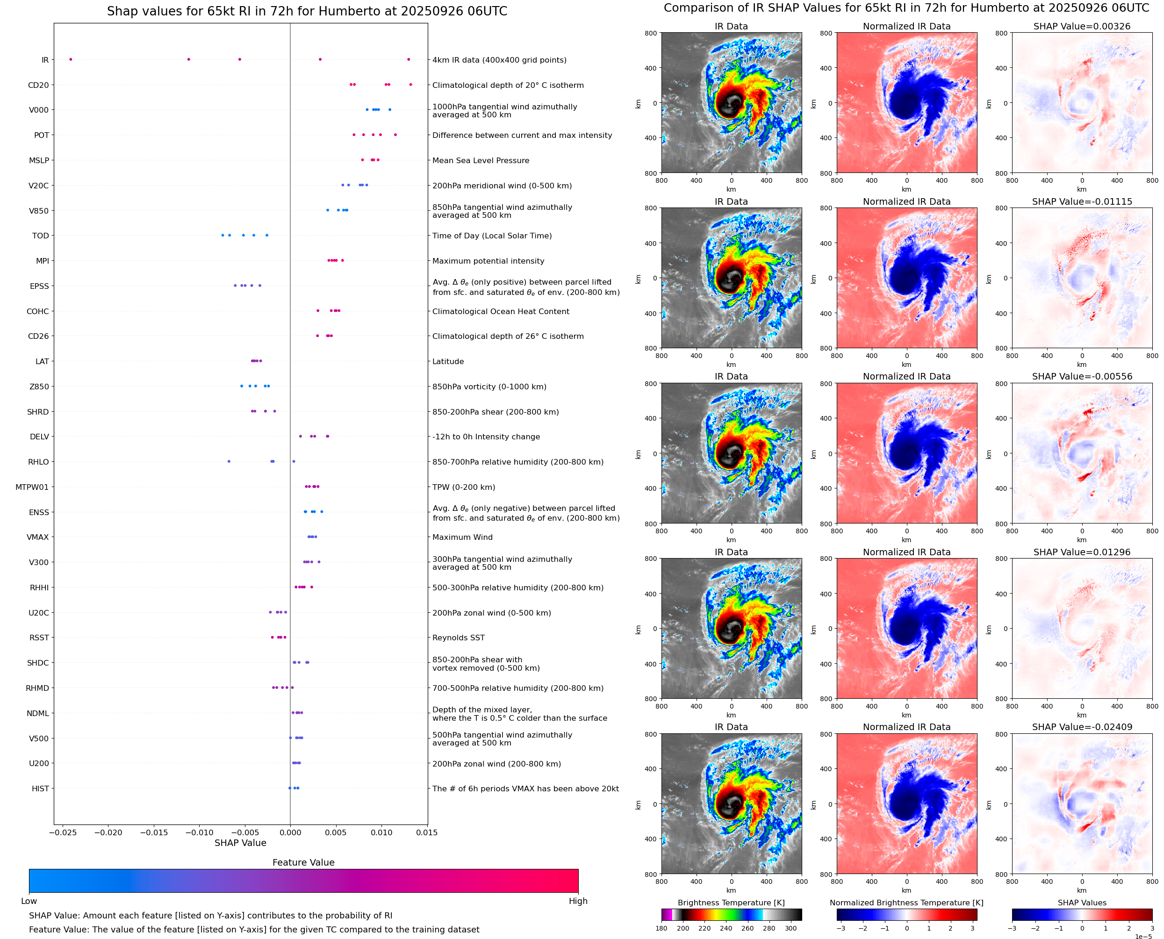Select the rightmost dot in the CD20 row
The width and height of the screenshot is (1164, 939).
click(410, 85)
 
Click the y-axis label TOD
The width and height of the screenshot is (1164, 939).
click(41, 236)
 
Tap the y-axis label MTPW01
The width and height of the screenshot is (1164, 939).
click(32, 487)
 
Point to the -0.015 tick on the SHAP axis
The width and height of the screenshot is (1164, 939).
click(154, 832)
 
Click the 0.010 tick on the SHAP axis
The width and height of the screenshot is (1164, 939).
click(381, 832)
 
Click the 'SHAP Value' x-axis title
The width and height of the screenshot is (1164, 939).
click(240, 843)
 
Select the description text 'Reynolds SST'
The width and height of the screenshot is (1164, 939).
click(458, 638)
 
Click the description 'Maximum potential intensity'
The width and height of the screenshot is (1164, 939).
click(488, 261)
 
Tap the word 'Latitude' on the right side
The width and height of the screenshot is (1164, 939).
click(448, 361)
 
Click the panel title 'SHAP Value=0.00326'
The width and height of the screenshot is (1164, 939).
click(1082, 26)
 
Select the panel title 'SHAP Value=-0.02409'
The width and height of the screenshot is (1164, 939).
click(1082, 727)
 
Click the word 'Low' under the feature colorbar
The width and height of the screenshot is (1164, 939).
click(29, 901)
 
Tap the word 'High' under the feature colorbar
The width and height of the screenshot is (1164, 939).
click(578, 901)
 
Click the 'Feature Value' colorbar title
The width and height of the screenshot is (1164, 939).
click(303, 862)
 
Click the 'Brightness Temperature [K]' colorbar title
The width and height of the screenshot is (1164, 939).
click(731, 903)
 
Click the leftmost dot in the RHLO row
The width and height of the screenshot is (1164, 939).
click(229, 461)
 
